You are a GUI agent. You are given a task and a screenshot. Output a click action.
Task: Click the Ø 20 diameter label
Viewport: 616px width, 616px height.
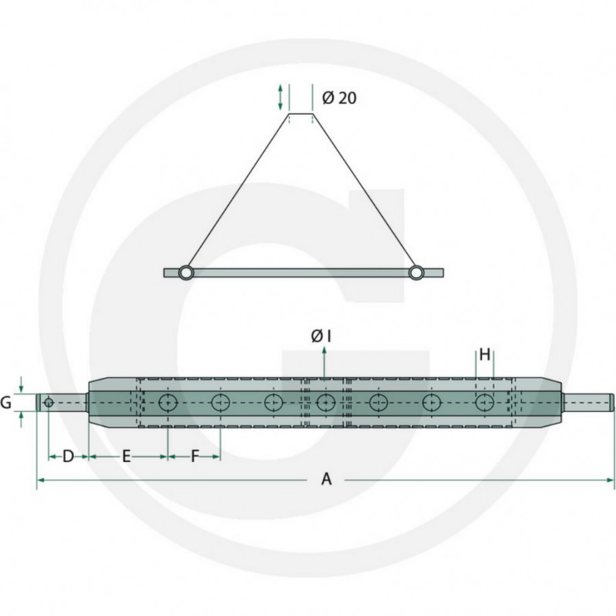tap(338, 98)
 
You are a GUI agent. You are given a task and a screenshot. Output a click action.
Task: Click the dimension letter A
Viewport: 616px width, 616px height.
tap(326, 480)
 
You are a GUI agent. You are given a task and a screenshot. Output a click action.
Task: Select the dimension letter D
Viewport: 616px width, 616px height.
tap(68, 457)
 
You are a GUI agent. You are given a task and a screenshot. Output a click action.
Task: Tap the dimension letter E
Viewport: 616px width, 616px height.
tap(127, 457)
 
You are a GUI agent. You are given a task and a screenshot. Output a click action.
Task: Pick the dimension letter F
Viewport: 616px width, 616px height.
tap(194, 457)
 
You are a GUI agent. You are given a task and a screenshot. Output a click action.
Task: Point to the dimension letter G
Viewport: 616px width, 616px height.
tap(6, 403)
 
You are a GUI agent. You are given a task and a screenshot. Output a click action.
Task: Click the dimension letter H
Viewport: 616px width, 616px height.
tap(485, 355)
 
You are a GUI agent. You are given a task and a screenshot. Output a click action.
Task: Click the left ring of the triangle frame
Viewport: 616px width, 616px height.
tap(185, 272)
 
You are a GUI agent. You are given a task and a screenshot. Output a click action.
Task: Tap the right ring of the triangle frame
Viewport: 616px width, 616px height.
tap(415, 272)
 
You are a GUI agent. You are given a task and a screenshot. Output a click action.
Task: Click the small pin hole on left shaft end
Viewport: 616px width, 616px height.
tap(49, 402)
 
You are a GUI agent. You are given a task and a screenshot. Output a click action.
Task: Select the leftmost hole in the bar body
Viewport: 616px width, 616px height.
tap(167, 403)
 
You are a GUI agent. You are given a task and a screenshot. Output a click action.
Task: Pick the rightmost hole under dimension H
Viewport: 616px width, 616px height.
tap(484, 403)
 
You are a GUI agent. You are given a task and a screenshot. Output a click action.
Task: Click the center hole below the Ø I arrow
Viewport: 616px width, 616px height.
tap(325, 403)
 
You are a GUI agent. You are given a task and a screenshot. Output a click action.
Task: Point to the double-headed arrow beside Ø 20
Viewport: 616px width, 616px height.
tap(280, 97)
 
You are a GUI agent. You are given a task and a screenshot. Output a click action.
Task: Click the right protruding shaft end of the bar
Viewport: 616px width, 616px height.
tap(589, 402)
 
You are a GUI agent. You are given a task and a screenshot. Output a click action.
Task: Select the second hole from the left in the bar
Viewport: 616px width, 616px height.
tap(220, 403)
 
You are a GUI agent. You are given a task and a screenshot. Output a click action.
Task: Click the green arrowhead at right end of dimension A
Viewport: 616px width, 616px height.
tap(611, 480)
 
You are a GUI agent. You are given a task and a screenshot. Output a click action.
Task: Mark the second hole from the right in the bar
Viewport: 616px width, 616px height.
tap(431, 403)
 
